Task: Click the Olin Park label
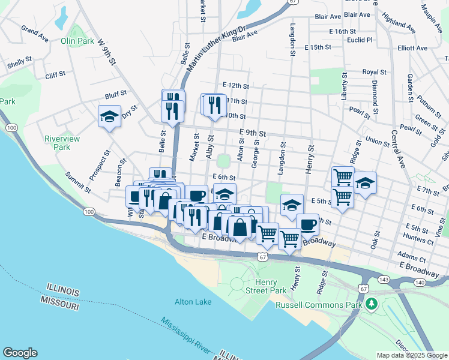(x=77, y=41)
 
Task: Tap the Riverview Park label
(x=62, y=142)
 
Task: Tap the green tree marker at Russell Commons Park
(x=372, y=305)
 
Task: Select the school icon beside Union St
(x=364, y=183)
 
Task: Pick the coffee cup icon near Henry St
(x=307, y=224)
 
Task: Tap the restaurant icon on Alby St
(x=213, y=104)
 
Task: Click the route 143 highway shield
(x=384, y=280)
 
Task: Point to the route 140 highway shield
(x=419, y=282)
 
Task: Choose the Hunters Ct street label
(x=419, y=238)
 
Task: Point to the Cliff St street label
(x=55, y=76)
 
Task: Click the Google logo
(x=20, y=353)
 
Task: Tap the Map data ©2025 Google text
(x=411, y=355)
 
